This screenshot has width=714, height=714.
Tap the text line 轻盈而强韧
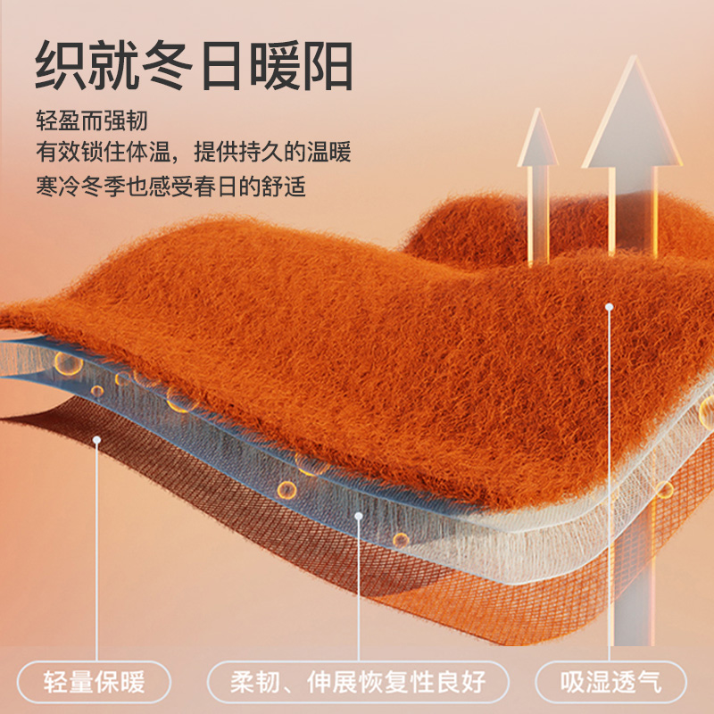coord(91,120)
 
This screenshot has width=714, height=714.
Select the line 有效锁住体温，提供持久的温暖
coord(194,154)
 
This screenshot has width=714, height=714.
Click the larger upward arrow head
coord(632,116)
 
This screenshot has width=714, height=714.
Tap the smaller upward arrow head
coord(538,138)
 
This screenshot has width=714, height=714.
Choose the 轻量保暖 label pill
coord(94,684)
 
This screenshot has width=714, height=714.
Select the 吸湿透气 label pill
coord(611,684)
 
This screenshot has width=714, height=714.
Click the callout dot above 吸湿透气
coord(610,306)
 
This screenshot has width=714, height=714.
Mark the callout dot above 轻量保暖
coord(95,439)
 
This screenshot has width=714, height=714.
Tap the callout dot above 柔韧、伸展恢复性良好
coord(358,514)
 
